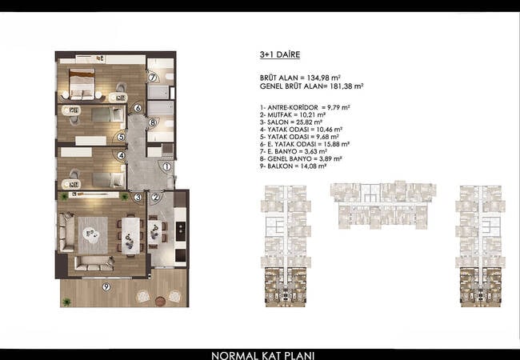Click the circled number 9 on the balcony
(106, 286)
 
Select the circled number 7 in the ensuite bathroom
(152, 77)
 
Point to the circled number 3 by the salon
(138, 198)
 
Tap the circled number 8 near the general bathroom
(152, 122)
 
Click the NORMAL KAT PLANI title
(259, 353)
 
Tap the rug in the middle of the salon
(92, 234)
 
